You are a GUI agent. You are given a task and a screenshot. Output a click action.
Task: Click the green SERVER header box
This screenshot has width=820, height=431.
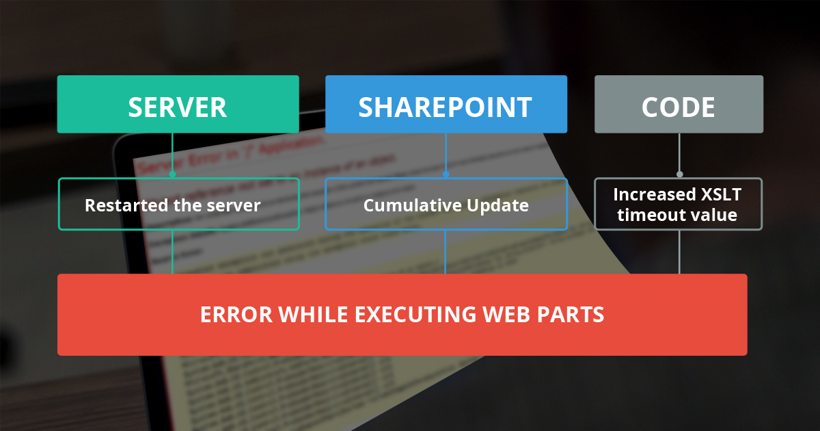178,105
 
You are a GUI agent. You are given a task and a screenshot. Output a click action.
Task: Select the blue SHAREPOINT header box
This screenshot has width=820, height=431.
446,105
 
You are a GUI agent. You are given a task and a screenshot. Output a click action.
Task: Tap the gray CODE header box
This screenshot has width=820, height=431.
679,105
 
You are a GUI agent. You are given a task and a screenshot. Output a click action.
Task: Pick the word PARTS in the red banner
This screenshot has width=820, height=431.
573,315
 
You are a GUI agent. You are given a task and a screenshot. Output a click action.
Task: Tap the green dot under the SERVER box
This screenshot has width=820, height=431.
172,174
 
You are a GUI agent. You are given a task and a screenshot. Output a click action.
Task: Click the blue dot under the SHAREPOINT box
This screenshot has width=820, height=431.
446,174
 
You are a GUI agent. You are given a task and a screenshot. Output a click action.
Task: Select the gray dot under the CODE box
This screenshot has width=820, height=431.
679,174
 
